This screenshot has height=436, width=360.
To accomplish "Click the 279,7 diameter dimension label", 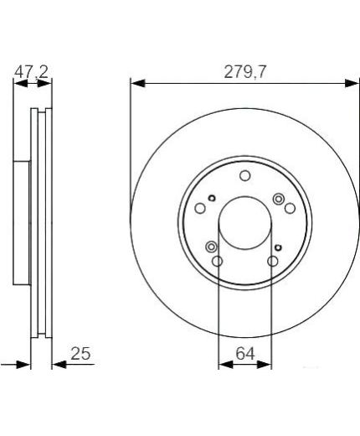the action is tap(245, 72).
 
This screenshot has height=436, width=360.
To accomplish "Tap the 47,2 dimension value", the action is tap(31, 72).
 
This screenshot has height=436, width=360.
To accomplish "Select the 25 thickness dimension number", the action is tap(80, 354).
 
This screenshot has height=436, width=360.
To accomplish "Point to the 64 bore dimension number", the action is tap(245, 354).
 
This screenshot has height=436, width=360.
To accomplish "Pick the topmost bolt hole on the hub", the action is tap(245, 176).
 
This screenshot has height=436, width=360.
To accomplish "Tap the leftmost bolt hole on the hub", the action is tap(200, 208).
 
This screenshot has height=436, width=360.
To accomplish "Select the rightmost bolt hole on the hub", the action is tap(290, 208).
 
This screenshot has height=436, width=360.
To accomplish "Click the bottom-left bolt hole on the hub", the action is tap(217, 262).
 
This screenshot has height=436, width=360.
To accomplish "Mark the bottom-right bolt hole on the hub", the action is tap(273, 262).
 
